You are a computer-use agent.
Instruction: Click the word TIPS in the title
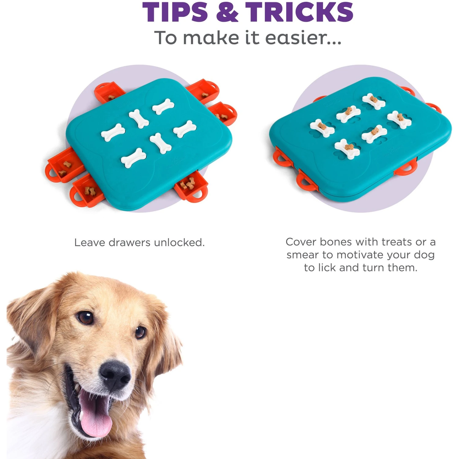click(175, 12)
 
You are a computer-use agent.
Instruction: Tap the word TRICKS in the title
click(299, 12)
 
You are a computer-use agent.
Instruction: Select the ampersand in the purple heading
click(227, 12)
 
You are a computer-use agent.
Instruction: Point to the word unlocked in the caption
click(179, 243)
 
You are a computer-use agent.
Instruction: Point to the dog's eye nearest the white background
click(140, 332)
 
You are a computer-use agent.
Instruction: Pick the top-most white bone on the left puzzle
click(163, 106)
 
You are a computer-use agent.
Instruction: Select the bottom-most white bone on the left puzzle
click(133, 158)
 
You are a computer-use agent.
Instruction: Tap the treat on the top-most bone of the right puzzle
click(373, 99)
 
